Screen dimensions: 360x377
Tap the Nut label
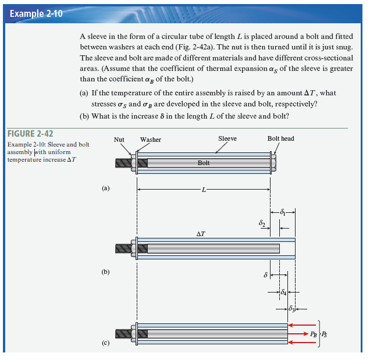point(119,140)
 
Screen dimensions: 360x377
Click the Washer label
point(151,140)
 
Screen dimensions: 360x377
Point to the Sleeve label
point(227,139)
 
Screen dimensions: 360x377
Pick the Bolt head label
point(280,139)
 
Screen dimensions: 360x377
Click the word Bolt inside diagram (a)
point(204,163)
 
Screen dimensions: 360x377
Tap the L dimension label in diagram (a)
point(204,189)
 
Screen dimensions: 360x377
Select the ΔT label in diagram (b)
point(201,234)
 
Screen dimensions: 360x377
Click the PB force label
point(314,334)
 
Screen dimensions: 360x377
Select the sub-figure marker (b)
point(105,272)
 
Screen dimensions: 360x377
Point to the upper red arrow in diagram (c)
point(303,325)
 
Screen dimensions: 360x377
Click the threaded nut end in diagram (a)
point(124,163)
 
